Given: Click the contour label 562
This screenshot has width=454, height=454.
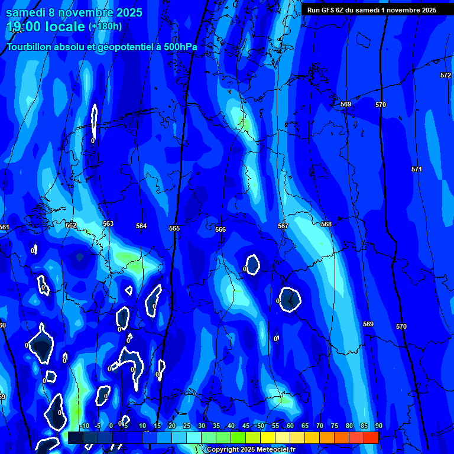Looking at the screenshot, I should [71, 225].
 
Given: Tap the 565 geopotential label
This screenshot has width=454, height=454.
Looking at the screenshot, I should [174, 228].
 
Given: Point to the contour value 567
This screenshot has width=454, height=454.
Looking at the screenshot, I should [283, 226].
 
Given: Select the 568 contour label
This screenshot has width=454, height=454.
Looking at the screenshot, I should [326, 224].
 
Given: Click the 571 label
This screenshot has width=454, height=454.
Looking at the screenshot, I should [417, 169].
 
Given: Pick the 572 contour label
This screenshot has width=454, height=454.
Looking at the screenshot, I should [446, 75].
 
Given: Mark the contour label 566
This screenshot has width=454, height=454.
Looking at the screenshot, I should [220, 229].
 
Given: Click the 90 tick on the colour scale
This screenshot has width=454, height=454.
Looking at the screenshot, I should [378, 426].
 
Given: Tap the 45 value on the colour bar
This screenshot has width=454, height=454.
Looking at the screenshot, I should [245, 426].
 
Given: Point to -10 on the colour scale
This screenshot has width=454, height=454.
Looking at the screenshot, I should [85, 426].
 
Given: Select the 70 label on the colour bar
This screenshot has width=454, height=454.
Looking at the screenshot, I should [319, 426].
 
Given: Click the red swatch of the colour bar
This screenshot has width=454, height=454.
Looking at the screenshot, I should [371, 437].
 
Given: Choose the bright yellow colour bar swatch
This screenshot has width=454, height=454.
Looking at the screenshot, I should [267, 437].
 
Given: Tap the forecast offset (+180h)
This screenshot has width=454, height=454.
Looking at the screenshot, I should [105, 26].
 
